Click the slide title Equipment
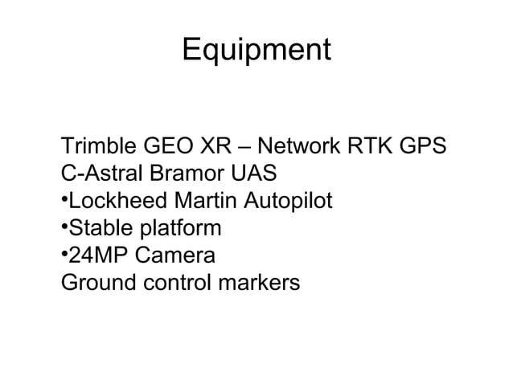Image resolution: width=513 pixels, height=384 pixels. [x=256, y=51]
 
